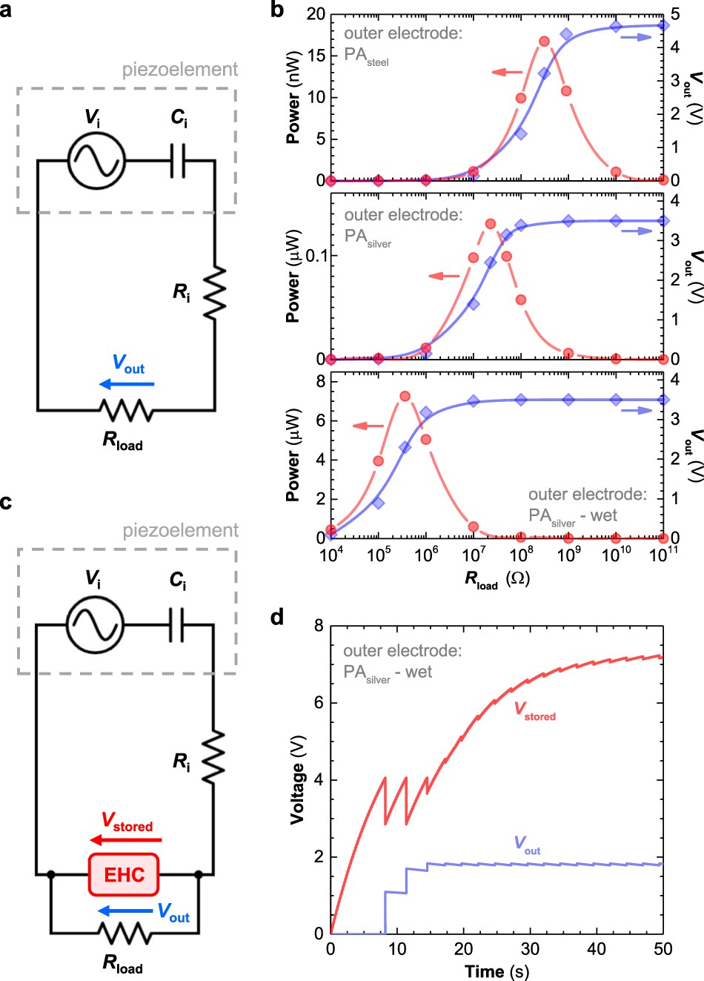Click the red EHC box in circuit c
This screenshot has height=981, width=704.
tap(124, 874)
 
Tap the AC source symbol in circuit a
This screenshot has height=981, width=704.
tap(96, 159)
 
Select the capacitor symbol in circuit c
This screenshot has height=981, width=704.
tap(178, 625)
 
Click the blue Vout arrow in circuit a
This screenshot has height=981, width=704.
tap(127, 384)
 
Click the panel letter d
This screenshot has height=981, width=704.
tap(276, 616)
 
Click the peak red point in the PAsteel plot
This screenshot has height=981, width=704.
tap(544, 42)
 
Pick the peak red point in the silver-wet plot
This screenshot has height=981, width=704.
tap(405, 396)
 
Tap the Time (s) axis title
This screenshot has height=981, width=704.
tap(497, 971)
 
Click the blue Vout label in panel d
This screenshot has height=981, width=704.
tap(527, 845)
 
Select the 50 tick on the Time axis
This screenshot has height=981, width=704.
tap(663, 949)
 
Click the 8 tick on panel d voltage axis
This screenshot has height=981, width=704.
tap(319, 626)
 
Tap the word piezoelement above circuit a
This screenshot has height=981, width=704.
tap(180, 70)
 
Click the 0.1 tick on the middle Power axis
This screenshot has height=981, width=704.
tap(315, 256)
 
